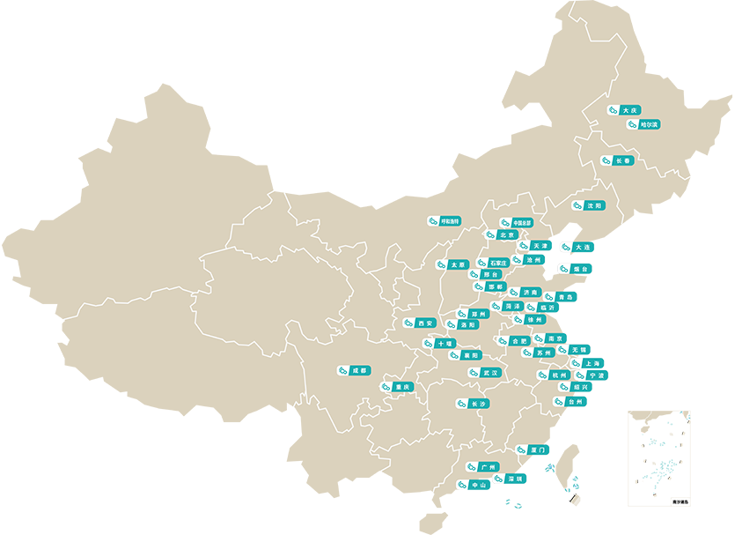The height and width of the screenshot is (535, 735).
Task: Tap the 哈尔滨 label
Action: [643, 125]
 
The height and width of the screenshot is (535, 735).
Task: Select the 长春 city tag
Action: [618, 161]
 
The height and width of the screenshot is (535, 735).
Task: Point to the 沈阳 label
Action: [589, 205]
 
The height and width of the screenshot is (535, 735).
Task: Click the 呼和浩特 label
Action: [445, 221]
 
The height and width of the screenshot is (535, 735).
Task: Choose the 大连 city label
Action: [577, 248]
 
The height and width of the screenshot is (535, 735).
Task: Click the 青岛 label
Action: [560, 297]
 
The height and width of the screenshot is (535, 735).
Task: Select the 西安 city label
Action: [421, 323]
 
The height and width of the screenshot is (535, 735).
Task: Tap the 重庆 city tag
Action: [397, 387]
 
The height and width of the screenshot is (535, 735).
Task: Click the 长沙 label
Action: [474, 404]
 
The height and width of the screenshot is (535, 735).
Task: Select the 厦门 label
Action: [533, 450]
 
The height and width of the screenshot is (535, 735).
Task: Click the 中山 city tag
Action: [474, 485]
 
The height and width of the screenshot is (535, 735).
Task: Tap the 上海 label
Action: [588, 363]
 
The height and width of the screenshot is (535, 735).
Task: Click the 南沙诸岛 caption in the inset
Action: [680, 501]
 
